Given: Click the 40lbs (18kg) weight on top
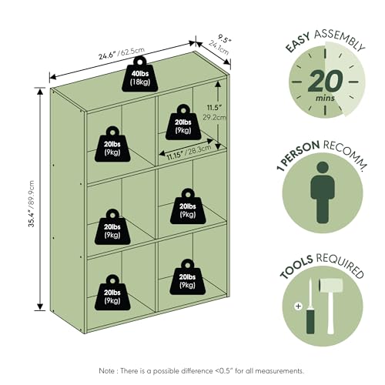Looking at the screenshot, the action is pyautogui.click(x=140, y=74).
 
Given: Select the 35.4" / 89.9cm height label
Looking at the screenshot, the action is pyautogui.click(x=32, y=204).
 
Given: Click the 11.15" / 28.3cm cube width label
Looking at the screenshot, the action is pyautogui.click(x=189, y=152).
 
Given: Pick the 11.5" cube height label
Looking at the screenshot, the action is pyautogui.click(x=214, y=107).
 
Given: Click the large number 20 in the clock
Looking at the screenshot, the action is pyautogui.click(x=325, y=82).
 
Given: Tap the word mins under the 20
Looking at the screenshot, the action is pyautogui.click(x=325, y=98).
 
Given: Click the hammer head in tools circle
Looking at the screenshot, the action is pyautogui.click(x=331, y=285).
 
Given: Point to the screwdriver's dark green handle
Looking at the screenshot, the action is pyautogui.click(x=310, y=321).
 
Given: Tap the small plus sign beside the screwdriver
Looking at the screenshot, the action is pyautogui.click(x=298, y=306).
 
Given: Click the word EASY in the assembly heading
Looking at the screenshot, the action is pyautogui.click(x=298, y=42).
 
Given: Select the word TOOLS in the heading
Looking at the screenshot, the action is pyautogui.click(x=296, y=267).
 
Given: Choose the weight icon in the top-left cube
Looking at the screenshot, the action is pyautogui.click(x=112, y=144).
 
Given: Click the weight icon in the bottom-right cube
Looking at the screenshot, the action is pyautogui.click(x=187, y=276).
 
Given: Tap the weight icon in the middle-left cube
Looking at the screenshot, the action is pyautogui.click(x=112, y=226).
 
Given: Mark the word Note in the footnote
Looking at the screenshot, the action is pyautogui.click(x=106, y=370).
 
